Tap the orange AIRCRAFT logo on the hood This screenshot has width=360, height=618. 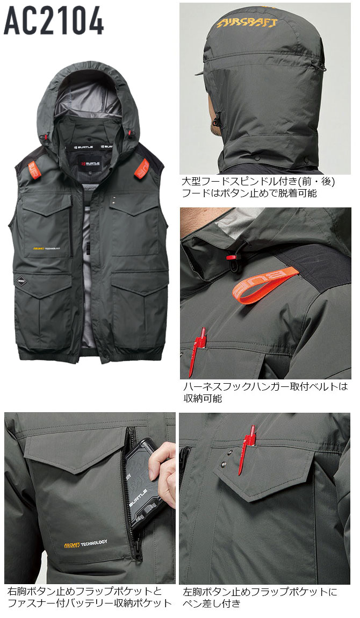247,23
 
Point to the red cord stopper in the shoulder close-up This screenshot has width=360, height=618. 232,257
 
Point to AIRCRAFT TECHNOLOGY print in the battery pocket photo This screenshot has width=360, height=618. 85,544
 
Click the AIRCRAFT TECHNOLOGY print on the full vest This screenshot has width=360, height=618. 46,249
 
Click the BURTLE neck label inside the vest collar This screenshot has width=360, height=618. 90,163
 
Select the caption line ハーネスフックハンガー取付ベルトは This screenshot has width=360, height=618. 265,386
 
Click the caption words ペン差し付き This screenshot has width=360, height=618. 211,603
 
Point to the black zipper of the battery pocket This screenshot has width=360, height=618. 129,493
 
